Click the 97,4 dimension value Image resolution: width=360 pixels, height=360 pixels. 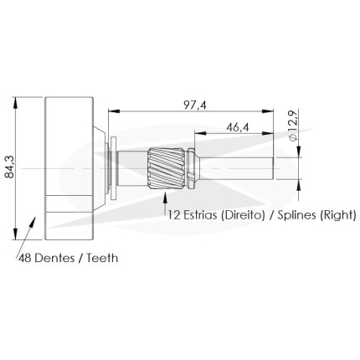[195, 105]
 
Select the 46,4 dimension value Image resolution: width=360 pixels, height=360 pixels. [238, 127]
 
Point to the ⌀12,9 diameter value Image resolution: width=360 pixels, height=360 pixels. [293, 125]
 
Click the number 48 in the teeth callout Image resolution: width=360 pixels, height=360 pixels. [24, 258]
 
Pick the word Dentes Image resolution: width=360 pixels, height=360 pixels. [54, 258]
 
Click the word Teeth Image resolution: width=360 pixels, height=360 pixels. [102, 258]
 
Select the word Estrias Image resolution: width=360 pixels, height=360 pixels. [200, 215]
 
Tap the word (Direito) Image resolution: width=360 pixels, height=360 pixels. [243, 215]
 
